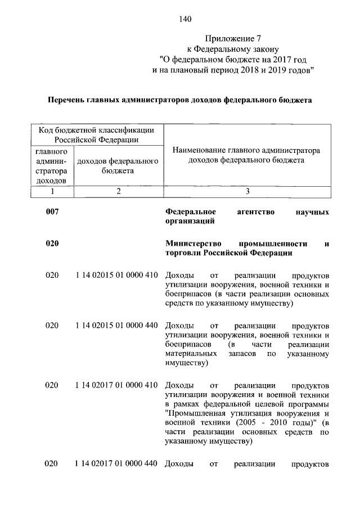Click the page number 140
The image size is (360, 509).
pyautogui.click(x=185, y=20)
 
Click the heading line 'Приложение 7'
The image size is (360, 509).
pyautogui.click(x=233, y=39)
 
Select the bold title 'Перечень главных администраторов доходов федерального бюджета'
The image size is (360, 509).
pyautogui.click(x=179, y=100)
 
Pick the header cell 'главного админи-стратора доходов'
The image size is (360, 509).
pyautogui.click(x=52, y=166)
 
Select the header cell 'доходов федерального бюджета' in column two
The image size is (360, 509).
pyautogui.click(x=118, y=165)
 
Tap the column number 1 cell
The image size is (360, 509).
pyautogui.click(x=52, y=191)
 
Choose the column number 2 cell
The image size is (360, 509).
pyautogui.click(x=118, y=191)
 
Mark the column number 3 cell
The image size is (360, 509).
pyautogui.click(x=247, y=191)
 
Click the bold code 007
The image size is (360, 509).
pyautogui.click(x=52, y=212)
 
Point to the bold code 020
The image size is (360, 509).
pyautogui.click(x=52, y=244)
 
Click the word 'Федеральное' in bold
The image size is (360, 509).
pyautogui.click(x=191, y=212)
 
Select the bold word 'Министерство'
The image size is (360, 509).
pyautogui.click(x=193, y=244)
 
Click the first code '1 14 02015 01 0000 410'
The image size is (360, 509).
pyautogui.click(x=116, y=276)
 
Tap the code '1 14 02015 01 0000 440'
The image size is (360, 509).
pyautogui.click(x=116, y=326)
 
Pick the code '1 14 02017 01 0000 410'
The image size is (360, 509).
pyautogui.click(x=116, y=385)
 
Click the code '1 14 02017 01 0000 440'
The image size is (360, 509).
pyautogui.click(x=116, y=464)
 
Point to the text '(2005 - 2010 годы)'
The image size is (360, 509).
pyautogui.click(x=270, y=422)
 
